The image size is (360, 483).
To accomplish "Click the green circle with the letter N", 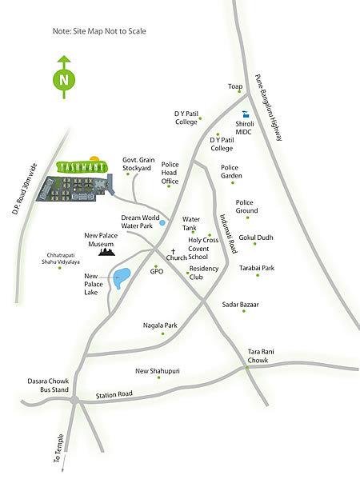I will tap(62, 80).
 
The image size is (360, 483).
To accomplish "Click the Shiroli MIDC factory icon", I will tap(246, 114).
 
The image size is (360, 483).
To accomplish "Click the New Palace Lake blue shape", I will tap(122, 279).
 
